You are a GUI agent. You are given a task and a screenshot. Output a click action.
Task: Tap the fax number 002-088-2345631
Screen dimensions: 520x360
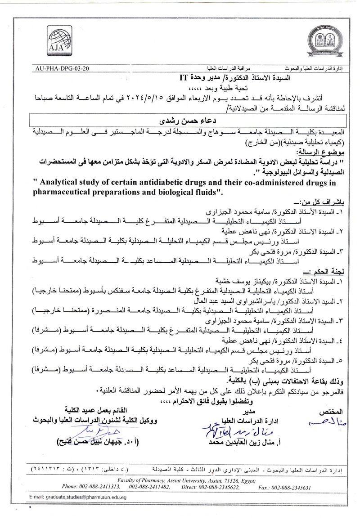292,487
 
